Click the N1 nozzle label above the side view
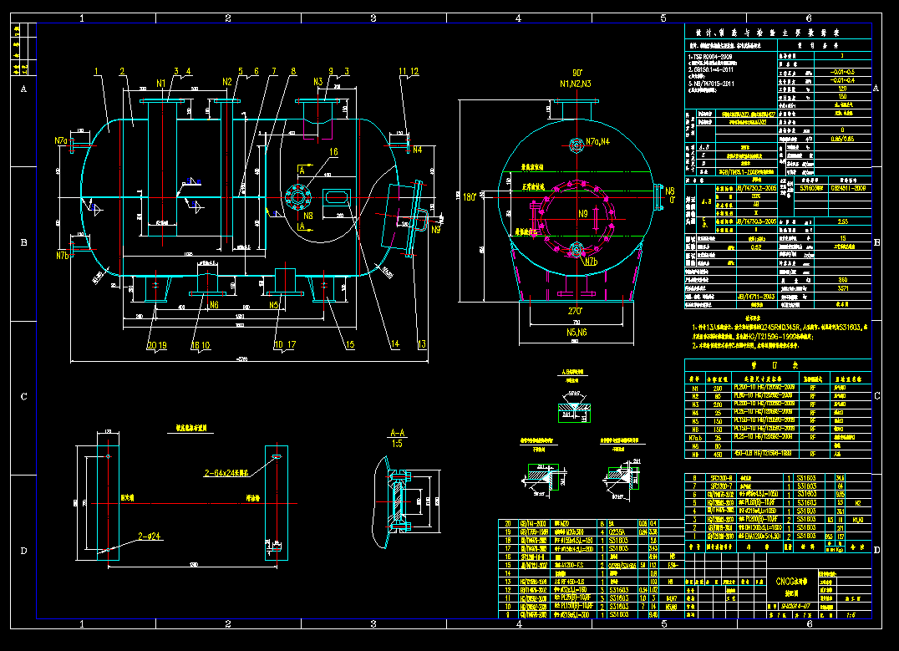point(160,83)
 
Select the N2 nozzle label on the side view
point(226,82)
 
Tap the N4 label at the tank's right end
point(417,150)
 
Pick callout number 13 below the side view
point(421,344)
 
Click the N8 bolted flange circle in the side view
point(297,196)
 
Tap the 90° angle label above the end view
point(576,73)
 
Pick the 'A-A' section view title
point(398,433)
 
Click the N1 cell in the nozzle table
point(693,388)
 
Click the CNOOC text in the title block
point(792,581)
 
